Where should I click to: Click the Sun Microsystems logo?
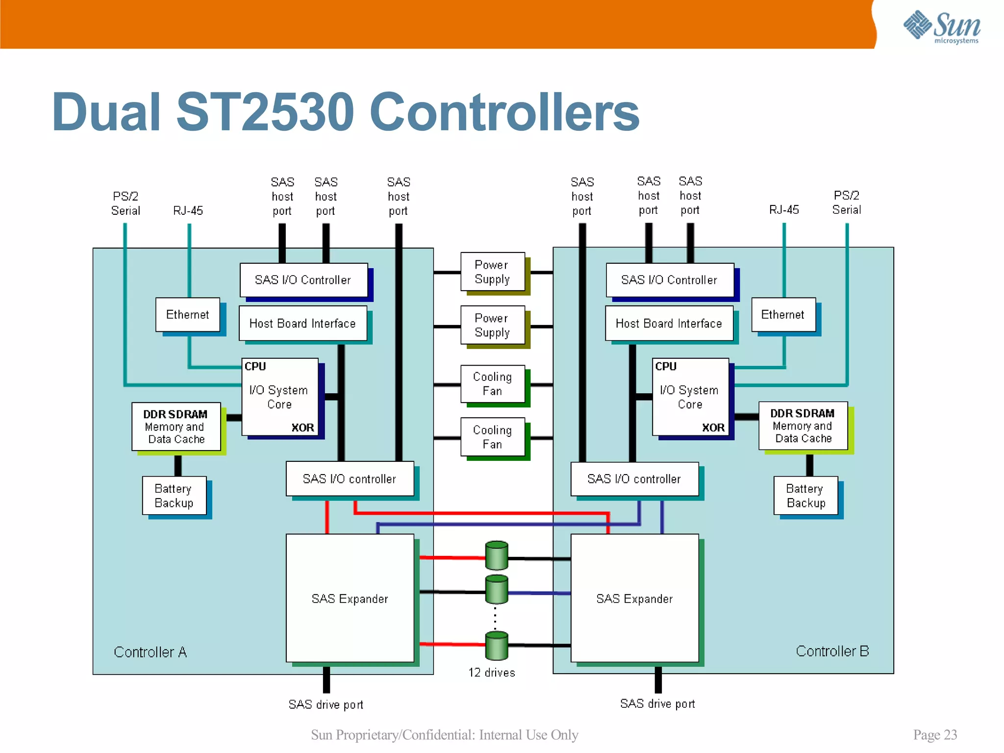pos(941,27)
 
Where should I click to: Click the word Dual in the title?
pos(106,113)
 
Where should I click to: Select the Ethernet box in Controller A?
pos(188,315)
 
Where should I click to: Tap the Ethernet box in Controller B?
pos(783,315)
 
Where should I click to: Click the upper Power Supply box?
pos(492,272)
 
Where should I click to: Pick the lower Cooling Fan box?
pos(492,437)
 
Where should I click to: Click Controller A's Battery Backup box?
pos(174,496)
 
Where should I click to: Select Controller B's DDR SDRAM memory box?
pos(803,426)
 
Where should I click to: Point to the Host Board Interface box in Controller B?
pos(669,324)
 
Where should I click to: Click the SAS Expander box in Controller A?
pos(350,598)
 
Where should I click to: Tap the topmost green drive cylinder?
pos(497,555)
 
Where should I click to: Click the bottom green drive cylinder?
pos(497,646)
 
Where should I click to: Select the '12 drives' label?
pos(492,673)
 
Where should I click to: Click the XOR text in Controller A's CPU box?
pos(302,427)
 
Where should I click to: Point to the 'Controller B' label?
pos(832,651)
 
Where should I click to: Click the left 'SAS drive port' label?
pos(326,704)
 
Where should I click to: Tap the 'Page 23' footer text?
pos(935,734)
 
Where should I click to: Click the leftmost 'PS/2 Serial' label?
pos(125,203)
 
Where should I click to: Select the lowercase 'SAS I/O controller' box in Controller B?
pos(634,479)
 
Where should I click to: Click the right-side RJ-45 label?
pos(784,210)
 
